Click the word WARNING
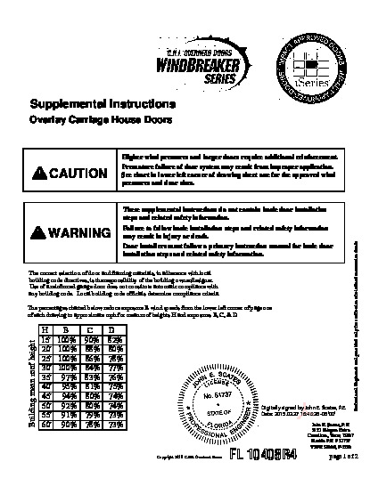[x=82, y=234]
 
